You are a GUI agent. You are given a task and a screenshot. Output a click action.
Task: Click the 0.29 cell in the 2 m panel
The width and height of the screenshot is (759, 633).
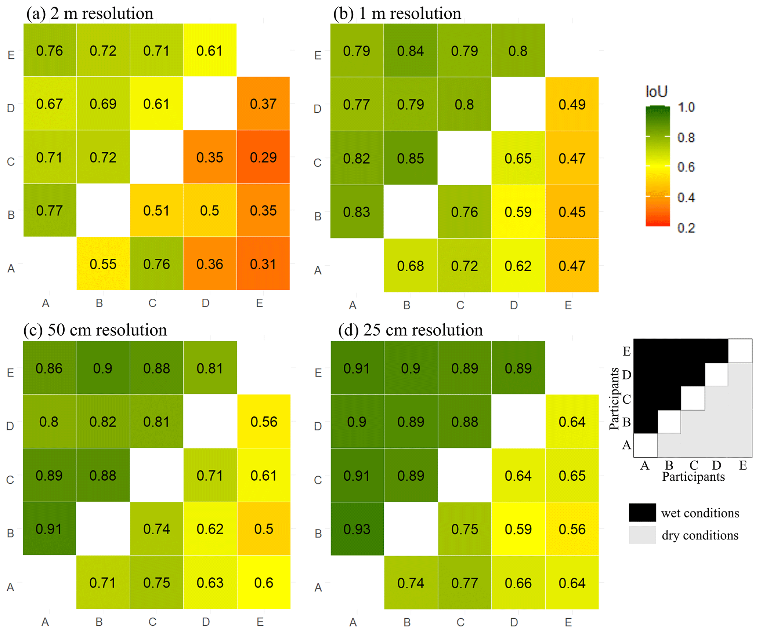tap(263, 157)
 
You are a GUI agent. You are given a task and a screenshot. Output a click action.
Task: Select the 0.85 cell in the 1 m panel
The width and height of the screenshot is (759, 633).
tap(410, 158)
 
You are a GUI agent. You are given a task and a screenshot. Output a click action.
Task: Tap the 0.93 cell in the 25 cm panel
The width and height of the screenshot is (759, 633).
tap(357, 529)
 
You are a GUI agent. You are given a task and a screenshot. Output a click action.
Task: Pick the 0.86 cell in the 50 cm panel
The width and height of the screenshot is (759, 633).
tap(49, 368)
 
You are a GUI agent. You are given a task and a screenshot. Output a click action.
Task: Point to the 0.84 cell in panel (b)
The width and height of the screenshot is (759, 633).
tap(410, 51)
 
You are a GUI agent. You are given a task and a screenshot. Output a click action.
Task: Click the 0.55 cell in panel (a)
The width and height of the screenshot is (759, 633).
tap(103, 264)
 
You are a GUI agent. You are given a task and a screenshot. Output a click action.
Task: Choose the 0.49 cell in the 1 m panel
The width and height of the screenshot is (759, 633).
tap(572, 105)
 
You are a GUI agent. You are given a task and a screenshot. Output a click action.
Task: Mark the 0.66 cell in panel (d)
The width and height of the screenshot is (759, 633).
tap(518, 583)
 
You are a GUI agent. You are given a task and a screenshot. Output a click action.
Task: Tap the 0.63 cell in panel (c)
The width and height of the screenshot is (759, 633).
tap(210, 582)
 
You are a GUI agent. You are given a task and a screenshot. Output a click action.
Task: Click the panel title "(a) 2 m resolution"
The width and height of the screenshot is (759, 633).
tap(90, 14)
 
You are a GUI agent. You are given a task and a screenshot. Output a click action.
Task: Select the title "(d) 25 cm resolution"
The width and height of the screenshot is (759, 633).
tap(410, 330)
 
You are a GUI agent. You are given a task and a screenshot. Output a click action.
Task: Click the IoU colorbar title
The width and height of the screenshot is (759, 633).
tap(656, 91)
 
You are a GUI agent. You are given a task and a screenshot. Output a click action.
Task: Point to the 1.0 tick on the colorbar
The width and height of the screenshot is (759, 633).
tap(686, 107)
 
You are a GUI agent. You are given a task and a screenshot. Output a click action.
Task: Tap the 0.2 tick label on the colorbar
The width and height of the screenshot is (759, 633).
tap(686, 228)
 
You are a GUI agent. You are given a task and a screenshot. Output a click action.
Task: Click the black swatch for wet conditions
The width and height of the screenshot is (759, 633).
tap(642, 512)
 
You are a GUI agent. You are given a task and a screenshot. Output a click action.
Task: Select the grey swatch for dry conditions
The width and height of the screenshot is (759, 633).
tap(642, 535)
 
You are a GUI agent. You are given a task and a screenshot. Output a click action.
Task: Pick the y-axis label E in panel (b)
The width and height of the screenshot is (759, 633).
tap(318, 55)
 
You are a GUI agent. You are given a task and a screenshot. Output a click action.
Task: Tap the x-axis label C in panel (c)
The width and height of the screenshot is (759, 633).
tap(152, 622)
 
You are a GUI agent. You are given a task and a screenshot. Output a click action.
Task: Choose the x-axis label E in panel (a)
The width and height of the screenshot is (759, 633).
tap(260, 303)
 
